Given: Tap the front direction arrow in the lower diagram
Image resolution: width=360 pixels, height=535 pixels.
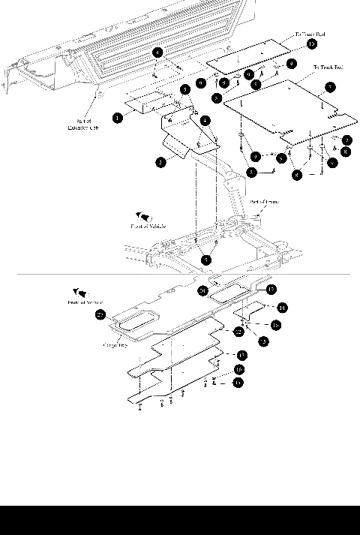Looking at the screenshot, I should coord(77,292).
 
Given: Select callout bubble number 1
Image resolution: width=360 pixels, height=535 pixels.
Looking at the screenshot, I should coord(118,118).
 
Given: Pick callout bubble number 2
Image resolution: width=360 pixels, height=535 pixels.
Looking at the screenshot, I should coord(160,161).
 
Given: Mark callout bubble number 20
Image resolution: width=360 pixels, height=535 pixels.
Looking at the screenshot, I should coord(202,290).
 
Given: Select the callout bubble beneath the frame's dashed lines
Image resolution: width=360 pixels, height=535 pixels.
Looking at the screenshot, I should coord(205,259).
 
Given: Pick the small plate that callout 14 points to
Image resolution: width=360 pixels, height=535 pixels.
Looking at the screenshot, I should coord(250,309).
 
